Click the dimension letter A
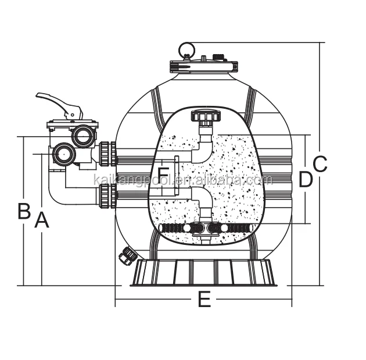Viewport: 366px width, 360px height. (x=41, y=220)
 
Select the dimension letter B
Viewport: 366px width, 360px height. (x=23, y=211)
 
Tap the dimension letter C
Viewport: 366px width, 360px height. (x=320, y=164)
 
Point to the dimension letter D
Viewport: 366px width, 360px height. (x=306, y=180)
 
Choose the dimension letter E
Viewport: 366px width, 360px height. (x=204, y=300)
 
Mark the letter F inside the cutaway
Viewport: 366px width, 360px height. (x=164, y=174)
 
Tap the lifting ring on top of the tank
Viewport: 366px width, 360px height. (x=186, y=49)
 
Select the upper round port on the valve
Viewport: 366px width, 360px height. (x=83, y=137)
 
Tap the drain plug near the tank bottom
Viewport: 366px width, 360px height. (x=128, y=255)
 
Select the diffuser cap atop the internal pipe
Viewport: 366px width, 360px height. (x=203, y=118)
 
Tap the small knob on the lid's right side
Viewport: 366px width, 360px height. (x=220, y=57)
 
